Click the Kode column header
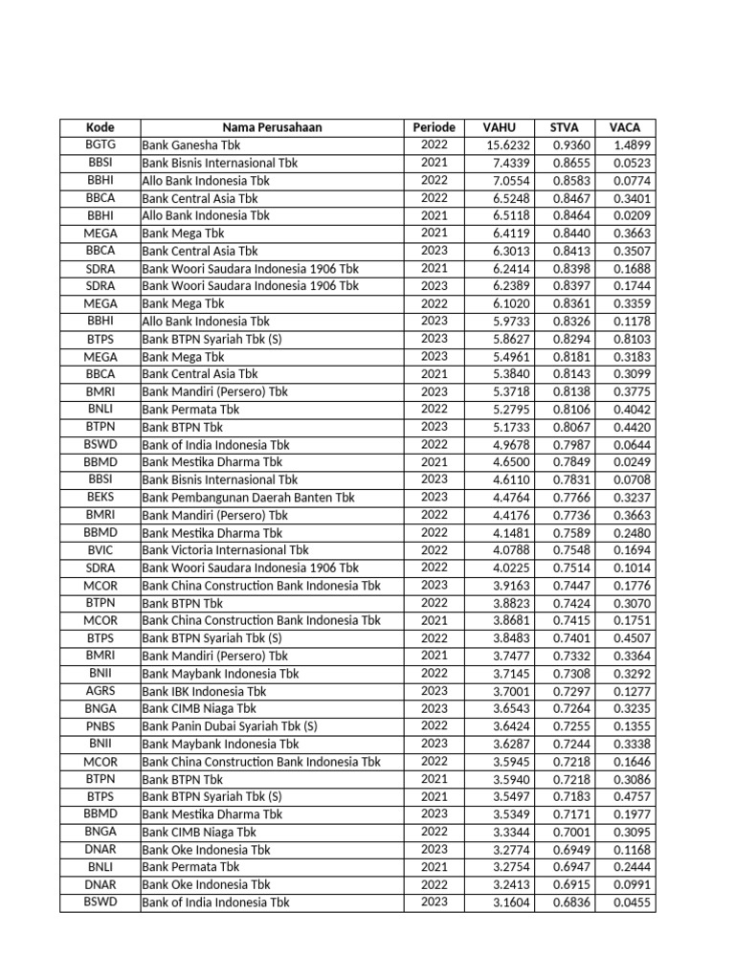point(100,127)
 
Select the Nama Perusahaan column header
point(272,127)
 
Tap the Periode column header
point(434,127)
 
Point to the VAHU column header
point(499,127)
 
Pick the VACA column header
point(625,127)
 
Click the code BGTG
point(100,145)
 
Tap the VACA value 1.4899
point(632,145)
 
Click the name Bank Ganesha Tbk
point(191,145)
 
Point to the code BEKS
point(100,497)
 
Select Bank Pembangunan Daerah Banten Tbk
point(248,498)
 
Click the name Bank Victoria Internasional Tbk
point(226,550)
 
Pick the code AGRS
point(100,690)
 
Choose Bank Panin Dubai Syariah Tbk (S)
point(230,726)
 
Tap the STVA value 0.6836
point(572,902)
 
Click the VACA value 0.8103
point(632,339)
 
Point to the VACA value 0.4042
point(632,410)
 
